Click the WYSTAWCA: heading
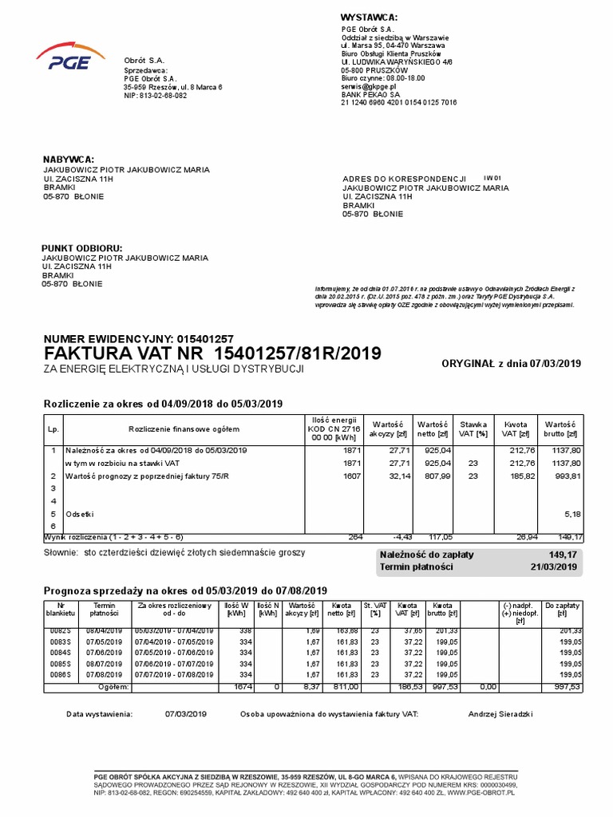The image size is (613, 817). click(x=369, y=18)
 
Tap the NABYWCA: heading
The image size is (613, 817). click(x=68, y=160)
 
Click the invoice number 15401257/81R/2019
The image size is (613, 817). click(x=299, y=353)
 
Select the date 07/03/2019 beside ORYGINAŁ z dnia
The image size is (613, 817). click(x=556, y=364)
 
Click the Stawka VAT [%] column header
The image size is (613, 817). click(x=473, y=428)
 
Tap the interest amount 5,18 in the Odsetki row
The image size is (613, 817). click(x=571, y=514)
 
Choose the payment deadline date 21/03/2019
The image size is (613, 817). click(x=553, y=566)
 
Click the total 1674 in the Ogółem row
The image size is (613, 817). click(x=237, y=685)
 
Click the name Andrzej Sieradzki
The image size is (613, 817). click(x=500, y=714)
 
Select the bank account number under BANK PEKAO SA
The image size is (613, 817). click(x=398, y=102)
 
